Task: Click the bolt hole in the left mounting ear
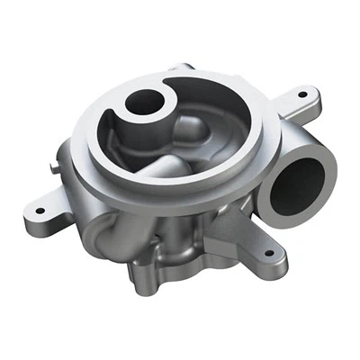click(40, 212)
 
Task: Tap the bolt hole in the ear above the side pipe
click(301, 93)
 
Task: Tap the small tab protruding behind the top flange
click(185, 67)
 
